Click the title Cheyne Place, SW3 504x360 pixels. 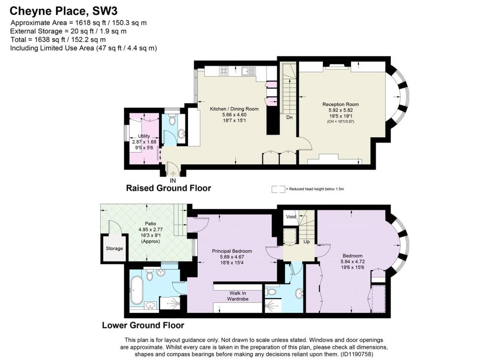pos(63,11)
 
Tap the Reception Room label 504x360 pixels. pos(341,104)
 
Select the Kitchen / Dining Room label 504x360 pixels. pos(234,109)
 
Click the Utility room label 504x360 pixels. pos(144,136)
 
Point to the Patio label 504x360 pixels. pos(151,223)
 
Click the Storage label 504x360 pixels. pos(114,248)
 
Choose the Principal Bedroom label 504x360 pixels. pos(232,251)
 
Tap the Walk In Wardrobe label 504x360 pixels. pos(238,296)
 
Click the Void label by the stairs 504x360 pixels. pos(291,217)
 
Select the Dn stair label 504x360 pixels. pos(289,118)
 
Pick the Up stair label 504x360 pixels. pos(307,241)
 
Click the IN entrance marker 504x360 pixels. pos(173,181)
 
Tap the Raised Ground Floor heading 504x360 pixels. pos(168,188)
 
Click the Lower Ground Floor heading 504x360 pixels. pos(143,325)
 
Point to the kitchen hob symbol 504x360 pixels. pos(224,71)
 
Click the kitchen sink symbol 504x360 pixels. pos(249,71)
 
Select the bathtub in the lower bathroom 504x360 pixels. pos(136,290)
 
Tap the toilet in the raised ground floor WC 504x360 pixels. pos(172,120)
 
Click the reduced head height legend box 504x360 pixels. pos(278,189)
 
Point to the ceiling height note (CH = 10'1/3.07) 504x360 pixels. pos(341,121)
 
